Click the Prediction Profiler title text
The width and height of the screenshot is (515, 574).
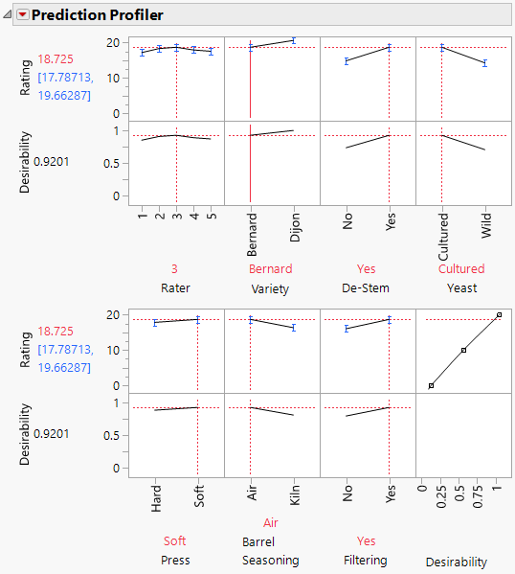click(x=97, y=15)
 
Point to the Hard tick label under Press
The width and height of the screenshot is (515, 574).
click(x=156, y=495)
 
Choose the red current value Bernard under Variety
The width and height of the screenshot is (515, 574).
click(x=271, y=269)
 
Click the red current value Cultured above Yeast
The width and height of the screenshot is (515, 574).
click(x=461, y=269)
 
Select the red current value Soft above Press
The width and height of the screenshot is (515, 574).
click(x=175, y=541)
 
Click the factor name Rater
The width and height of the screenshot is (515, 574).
click(x=175, y=287)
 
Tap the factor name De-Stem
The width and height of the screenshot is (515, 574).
click(x=367, y=287)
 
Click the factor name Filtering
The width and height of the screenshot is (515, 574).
click(x=367, y=560)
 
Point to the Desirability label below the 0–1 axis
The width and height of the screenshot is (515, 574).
click(x=457, y=562)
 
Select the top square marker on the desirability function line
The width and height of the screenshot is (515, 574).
click(x=499, y=314)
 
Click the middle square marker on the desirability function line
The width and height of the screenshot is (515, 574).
click(x=464, y=350)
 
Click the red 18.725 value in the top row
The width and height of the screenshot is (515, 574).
click(x=54, y=59)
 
